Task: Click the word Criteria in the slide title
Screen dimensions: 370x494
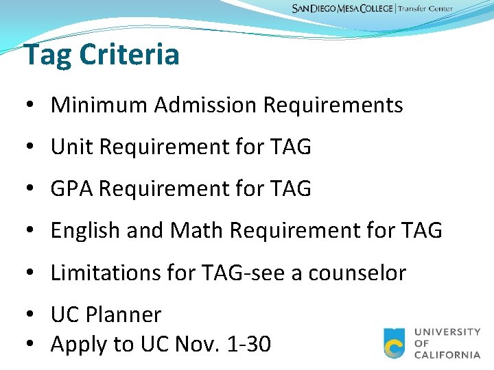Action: [129, 55]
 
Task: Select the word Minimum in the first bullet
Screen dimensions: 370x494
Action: [99, 105]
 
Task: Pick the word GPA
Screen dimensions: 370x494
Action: [72, 188]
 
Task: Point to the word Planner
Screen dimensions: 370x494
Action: [123, 315]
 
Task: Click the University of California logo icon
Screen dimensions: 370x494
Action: [395, 343]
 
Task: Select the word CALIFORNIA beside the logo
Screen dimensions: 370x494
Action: [447, 355]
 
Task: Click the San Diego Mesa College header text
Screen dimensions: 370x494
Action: [343, 9]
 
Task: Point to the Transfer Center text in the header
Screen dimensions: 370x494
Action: [426, 9]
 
